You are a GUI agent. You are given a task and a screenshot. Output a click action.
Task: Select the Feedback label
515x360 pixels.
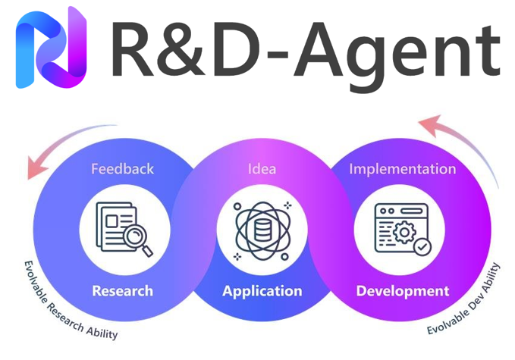[x=122, y=168]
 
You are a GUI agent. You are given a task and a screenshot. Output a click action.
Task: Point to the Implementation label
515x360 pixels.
[x=402, y=168]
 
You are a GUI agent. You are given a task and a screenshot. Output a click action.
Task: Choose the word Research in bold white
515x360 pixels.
[x=122, y=290]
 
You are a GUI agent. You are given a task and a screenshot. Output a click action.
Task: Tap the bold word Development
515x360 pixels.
[x=402, y=290]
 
